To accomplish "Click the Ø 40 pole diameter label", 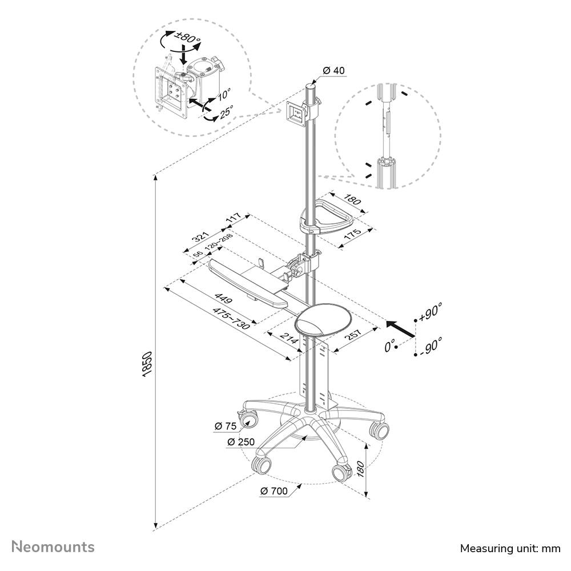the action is (333, 70).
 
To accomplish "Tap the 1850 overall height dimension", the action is (146, 364).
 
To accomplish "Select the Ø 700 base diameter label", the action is (274, 491).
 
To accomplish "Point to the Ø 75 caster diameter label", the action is (226, 426).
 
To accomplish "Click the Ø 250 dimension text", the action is (241, 442).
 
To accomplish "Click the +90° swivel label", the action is (431, 312).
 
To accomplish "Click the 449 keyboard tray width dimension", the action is (223, 298).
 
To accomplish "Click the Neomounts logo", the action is (53, 547).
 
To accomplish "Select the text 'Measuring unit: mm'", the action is (510, 548).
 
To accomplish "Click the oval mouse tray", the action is (323, 320).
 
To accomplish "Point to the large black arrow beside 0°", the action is (400, 328).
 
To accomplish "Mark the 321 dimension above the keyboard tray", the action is (202, 236).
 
